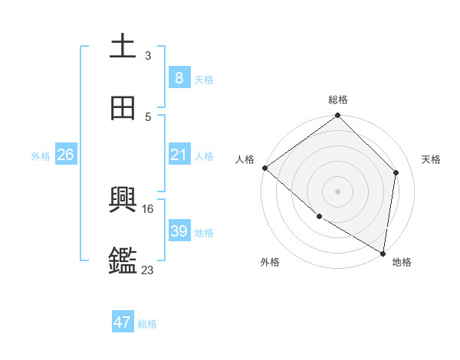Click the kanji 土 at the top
click(123, 46)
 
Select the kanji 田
click(123, 108)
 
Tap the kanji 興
click(123, 201)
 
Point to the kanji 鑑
click(123, 261)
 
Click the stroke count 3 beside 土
click(147, 55)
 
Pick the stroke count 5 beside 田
click(147, 116)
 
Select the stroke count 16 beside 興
click(147, 208)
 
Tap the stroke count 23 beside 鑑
click(147, 270)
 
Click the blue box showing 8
click(179, 77)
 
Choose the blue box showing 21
click(179, 155)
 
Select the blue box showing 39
click(179, 231)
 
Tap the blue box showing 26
click(65, 155)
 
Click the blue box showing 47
click(123, 322)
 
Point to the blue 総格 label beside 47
click(147, 324)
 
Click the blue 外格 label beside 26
click(41, 155)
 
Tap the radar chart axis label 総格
click(337, 100)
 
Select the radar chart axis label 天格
click(432, 159)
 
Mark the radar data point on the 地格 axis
click(383, 253)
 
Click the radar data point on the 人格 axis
click(264, 168)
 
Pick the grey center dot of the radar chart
click(337, 191)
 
